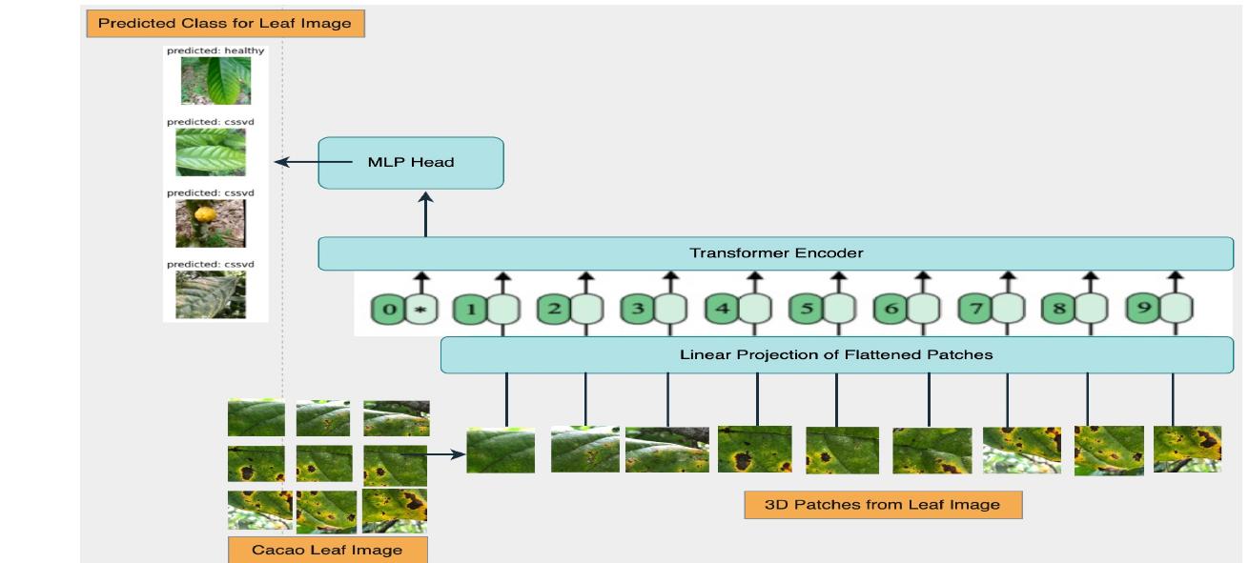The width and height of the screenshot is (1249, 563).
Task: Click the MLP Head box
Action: pos(410,163)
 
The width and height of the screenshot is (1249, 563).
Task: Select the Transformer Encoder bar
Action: pos(775,253)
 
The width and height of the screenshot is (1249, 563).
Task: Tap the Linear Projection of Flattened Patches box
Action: pos(836,354)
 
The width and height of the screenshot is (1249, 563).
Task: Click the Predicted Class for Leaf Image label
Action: pos(225,23)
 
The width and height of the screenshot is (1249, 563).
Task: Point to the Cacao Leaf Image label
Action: pos(327,550)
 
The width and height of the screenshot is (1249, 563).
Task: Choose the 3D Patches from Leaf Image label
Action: pos(882,505)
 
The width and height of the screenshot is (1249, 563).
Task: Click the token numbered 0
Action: pos(388,310)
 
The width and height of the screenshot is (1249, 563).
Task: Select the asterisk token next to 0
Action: pos(421,310)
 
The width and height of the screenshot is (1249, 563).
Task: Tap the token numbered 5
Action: pos(807,310)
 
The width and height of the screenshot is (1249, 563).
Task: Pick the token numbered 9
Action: pos(1143,310)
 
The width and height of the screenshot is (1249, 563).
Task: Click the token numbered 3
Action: pos(638,310)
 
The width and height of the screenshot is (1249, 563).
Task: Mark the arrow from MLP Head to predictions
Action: pos(296,163)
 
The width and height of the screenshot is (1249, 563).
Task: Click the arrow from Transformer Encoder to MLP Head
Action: pos(426,213)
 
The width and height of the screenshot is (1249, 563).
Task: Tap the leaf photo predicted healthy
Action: pos(215,81)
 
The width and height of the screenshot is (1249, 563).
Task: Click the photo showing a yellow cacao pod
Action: pos(210,223)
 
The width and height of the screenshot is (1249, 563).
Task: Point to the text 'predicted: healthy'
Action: pos(215,50)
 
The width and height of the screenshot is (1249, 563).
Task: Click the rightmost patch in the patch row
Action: pos(1187,449)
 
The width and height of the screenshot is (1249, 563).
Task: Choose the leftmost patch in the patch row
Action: pos(501,451)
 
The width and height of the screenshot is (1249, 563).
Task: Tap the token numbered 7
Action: pos(975,310)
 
